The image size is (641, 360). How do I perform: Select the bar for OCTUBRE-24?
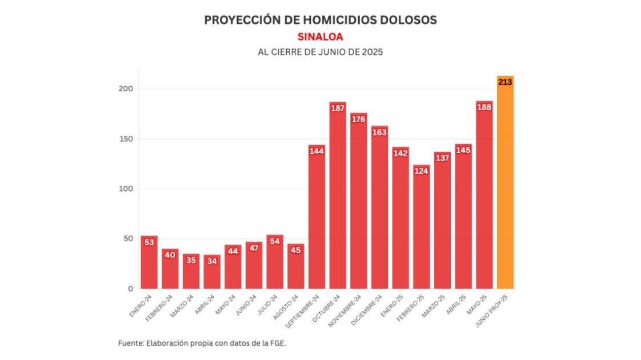(x=338, y=200)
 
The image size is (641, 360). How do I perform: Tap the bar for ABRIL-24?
(x=212, y=272)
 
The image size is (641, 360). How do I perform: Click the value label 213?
(x=505, y=82)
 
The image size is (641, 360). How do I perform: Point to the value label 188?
(x=484, y=107)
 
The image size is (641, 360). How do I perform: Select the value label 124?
(x=421, y=171)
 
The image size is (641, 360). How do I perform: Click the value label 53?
(x=149, y=242)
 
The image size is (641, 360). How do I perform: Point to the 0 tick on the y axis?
(x=130, y=289)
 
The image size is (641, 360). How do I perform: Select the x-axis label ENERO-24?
(x=141, y=305)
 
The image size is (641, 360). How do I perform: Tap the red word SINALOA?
(x=320, y=37)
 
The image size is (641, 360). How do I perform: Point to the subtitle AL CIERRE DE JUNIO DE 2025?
(x=320, y=51)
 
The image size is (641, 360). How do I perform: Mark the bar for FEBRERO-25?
(x=421, y=229)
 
